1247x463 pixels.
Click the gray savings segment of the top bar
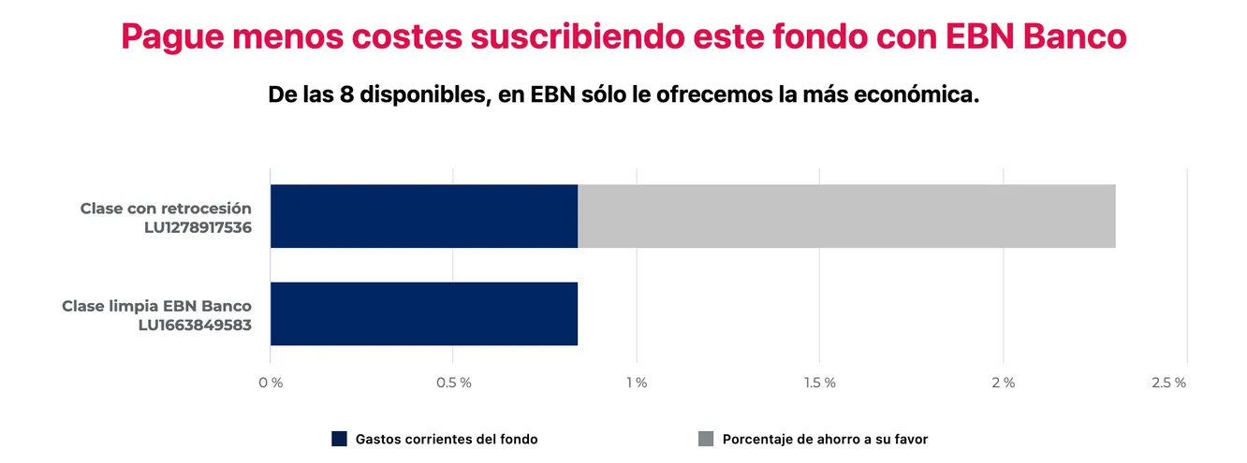tap(846, 216)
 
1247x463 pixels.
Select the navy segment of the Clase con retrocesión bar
tap(423, 216)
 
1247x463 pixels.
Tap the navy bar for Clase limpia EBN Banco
tap(423, 313)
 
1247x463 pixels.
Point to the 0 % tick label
tap(270, 383)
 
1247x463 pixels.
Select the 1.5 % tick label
tap(819, 383)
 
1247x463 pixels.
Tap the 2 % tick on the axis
tap(1003, 383)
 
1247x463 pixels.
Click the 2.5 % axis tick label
tap(1168, 383)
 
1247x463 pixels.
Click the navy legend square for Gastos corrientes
tap(339, 439)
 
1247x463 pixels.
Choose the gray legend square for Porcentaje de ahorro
tap(706, 439)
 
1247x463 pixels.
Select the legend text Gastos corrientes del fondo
tap(447, 439)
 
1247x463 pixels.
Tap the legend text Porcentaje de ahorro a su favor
tap(825, 439)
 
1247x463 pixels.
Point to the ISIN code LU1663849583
tap(194, 325)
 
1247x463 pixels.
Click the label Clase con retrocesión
tap(166, 208)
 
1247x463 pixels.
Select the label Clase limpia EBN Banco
tap(156, 306)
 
